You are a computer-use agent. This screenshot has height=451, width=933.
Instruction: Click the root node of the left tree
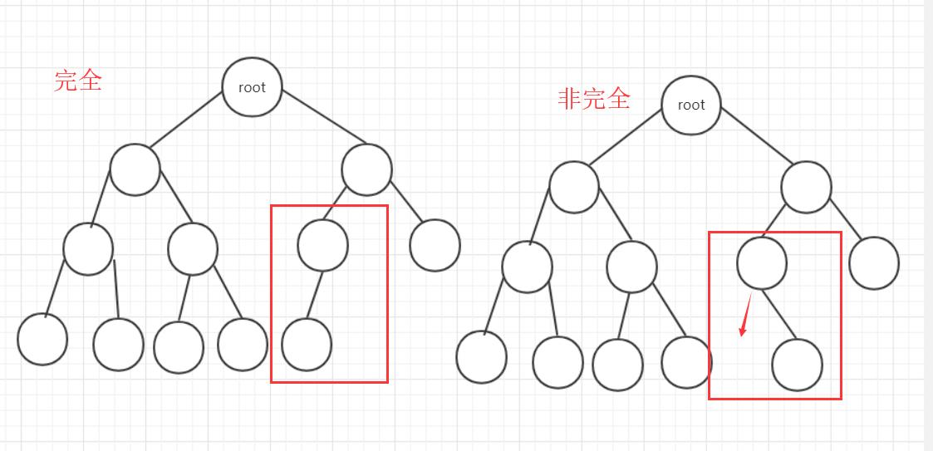tap(252, 87)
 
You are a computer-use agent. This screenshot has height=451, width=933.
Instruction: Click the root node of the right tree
tap(690, 105)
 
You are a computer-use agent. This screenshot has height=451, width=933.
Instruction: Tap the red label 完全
tap(78, 81)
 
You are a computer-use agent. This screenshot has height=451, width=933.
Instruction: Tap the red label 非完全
tap(594, 99)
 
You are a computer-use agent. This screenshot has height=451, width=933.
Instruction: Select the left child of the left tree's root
tap(135, 169)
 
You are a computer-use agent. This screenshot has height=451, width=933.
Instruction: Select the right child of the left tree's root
tap(366, 169)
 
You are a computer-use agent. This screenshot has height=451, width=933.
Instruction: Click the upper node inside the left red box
tap(322, 245)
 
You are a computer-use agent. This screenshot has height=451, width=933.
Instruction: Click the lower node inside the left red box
tap(307, 345)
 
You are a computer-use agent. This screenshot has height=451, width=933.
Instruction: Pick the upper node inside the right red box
tap(762, 262)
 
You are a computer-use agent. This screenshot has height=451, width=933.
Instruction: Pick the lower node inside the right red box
tap(797, 365)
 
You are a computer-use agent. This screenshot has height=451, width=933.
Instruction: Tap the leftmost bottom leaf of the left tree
tap(42, 340)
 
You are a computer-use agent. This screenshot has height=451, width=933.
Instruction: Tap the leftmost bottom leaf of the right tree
tap(481, 357)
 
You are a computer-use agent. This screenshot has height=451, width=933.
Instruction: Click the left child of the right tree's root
tap(573, 187)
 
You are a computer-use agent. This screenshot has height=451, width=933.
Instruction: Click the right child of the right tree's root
tap(806, 187)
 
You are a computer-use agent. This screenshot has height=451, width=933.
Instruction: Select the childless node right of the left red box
tap(435, 245)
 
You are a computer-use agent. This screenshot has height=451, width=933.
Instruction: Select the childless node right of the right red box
tap(874, 262)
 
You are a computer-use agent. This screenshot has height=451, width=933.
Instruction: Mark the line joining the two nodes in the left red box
tap(315, 295)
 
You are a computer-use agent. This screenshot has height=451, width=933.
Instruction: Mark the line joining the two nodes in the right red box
tap(779, 313)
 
